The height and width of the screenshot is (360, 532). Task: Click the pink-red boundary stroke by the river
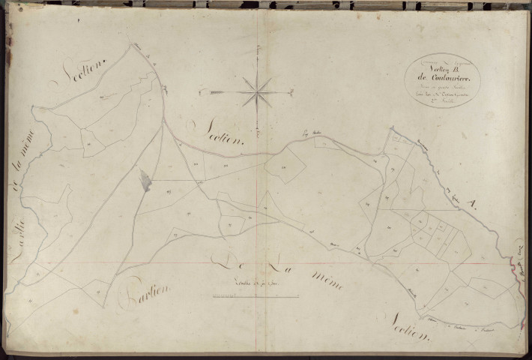(516, 262)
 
